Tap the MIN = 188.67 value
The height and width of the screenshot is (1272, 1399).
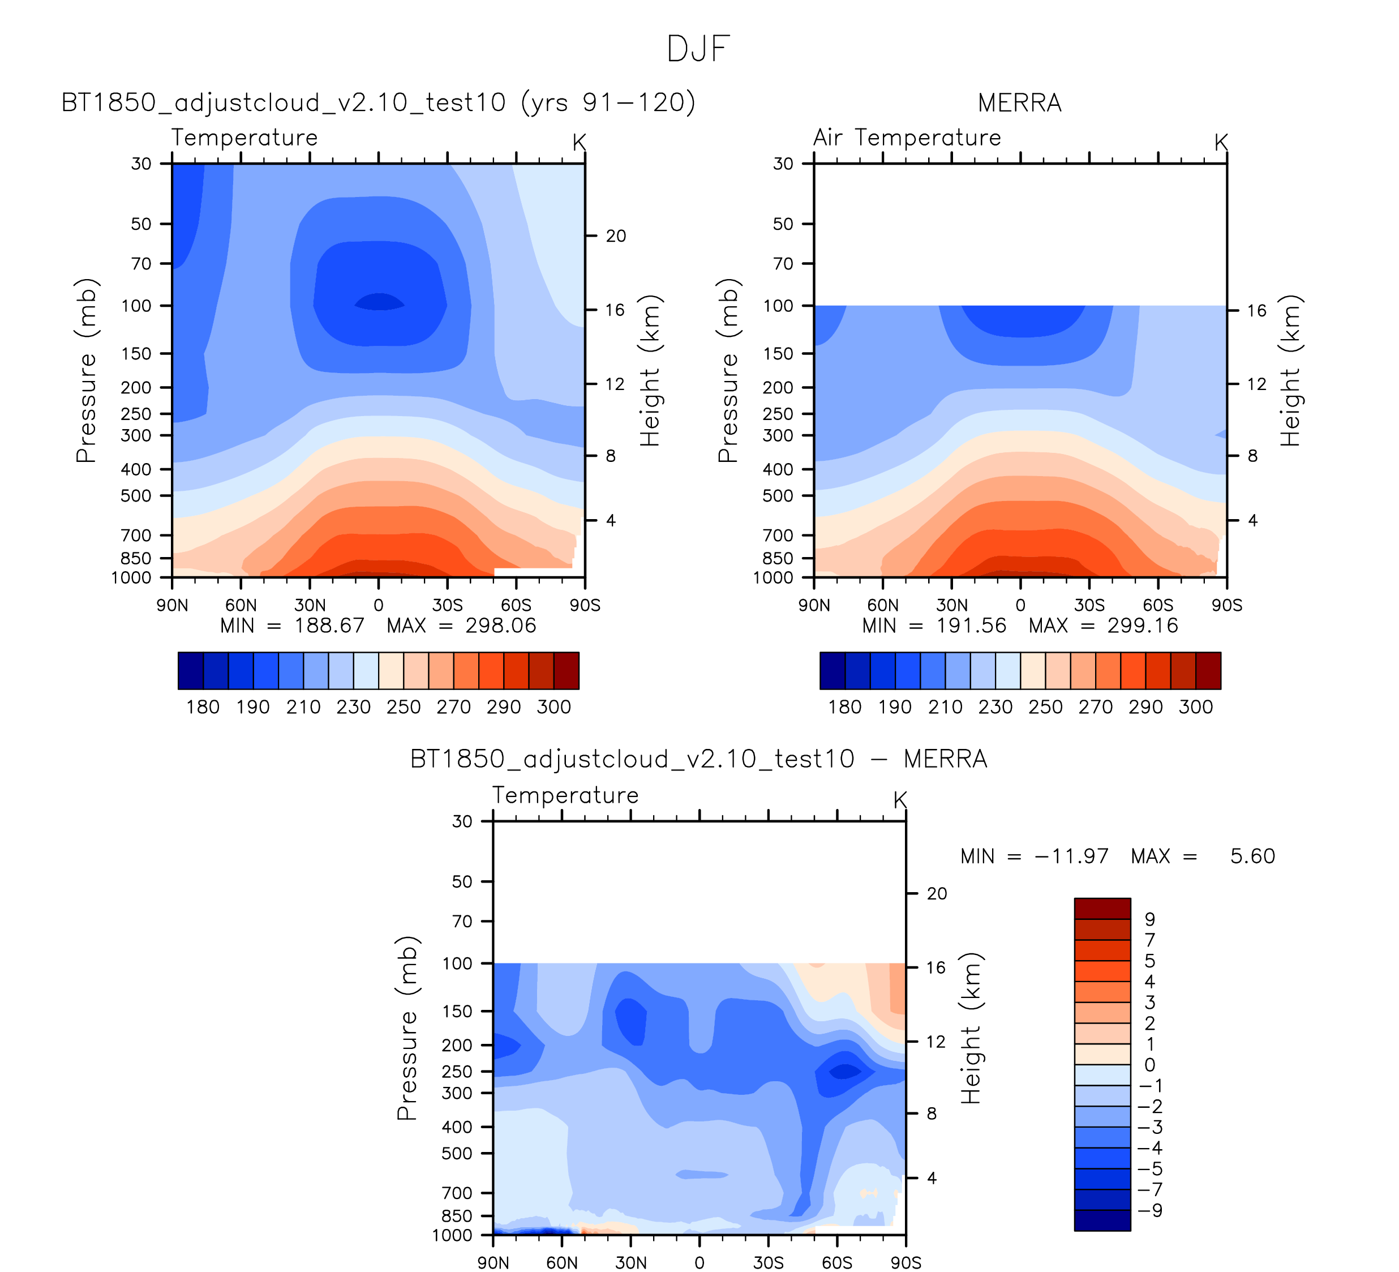point(292,626)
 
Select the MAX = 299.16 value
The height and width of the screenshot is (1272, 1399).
point(1104,626)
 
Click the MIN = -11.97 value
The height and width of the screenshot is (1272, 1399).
point(1034,856)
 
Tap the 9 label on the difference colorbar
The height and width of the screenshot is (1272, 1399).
point(1150,919)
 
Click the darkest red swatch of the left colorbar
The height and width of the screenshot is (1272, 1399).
point(567,670)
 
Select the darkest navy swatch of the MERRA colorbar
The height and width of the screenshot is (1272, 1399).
point(832,670)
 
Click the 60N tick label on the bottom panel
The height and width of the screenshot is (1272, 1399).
point(561,1262)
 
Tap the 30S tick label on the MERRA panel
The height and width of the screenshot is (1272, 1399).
point(1089,605)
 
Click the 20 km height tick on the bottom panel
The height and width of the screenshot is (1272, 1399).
point(937,894)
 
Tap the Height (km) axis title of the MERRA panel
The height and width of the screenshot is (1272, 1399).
point(1289,371)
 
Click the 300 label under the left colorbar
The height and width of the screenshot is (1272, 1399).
point(553,707)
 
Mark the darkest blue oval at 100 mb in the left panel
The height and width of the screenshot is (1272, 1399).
point(379,302)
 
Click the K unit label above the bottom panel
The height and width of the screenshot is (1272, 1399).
point(900,800)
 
